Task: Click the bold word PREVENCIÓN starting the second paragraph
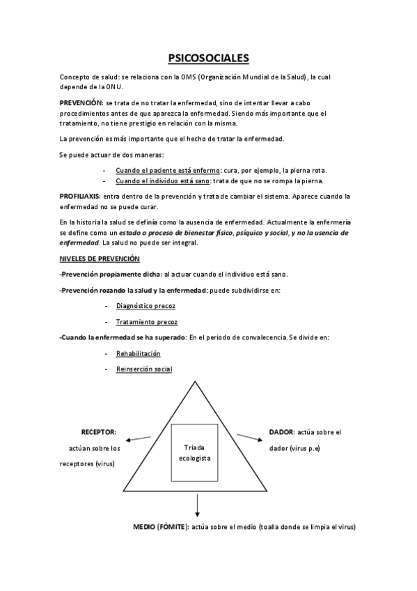[x=81, y=102]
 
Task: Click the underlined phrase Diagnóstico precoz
[x=145, y=306]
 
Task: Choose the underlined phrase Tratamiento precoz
[x=146, y=322]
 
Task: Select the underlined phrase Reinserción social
[x=144, y=369]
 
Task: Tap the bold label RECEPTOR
[x=99, y=432]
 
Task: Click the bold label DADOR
[x=281, y=432]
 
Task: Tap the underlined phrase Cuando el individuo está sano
[x=158, y=181]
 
